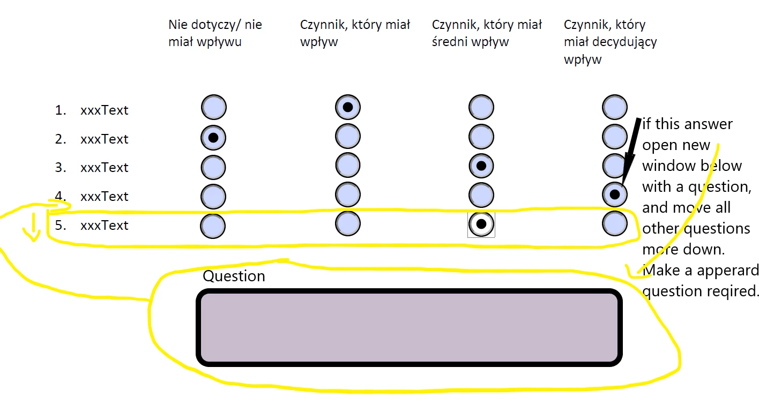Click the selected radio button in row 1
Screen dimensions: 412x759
tap(347, 107)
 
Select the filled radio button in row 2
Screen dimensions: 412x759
tap(213, 137)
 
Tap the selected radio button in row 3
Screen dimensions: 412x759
tap(481, 166)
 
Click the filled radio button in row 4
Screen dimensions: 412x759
tap(615, 194)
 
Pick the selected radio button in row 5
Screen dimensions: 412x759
tap(481, 224)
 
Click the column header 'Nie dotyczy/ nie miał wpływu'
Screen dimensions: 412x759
tap(215, 33)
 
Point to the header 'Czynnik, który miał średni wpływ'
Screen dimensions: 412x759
tap(487, 33)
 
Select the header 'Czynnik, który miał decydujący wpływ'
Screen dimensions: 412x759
tap(610, 42)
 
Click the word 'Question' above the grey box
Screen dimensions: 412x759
tap(234, 276)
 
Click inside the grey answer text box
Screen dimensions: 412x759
tap(410, 328)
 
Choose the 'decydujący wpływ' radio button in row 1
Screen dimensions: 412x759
tap(614, 107)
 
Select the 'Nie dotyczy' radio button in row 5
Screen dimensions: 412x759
tap(213, 226)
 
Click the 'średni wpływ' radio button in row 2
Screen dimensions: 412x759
tap(481, 136)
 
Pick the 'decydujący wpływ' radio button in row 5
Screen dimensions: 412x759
tap(615, 223)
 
